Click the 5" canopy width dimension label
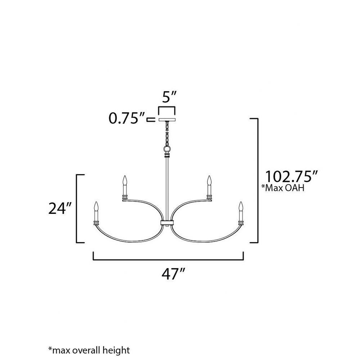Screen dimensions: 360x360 pyautogui.click(x=169, y=97)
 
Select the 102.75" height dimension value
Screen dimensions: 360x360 pyautogui.click(x=291, y=176)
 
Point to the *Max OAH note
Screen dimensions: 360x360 pyautogui.click(x=283, y=188)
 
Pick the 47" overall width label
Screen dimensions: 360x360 pyautogui.click(x=173, y=274)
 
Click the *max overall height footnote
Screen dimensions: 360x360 pyautogui.click(x=89, y=350)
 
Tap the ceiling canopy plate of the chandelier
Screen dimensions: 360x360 pyautogui.click(x=167, y=120)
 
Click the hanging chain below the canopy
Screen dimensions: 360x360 pyautogui.click(x=167, y=134)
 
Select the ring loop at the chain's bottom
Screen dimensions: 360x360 pyautogui.click(x=167, y=149)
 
